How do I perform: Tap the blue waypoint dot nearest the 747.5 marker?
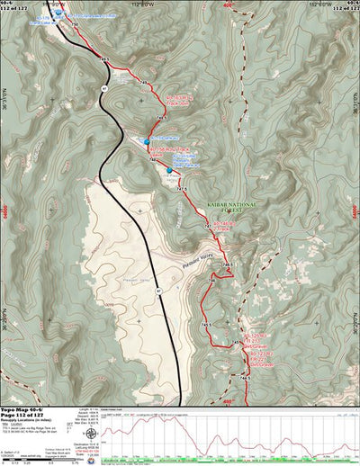[x=168, y=170]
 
